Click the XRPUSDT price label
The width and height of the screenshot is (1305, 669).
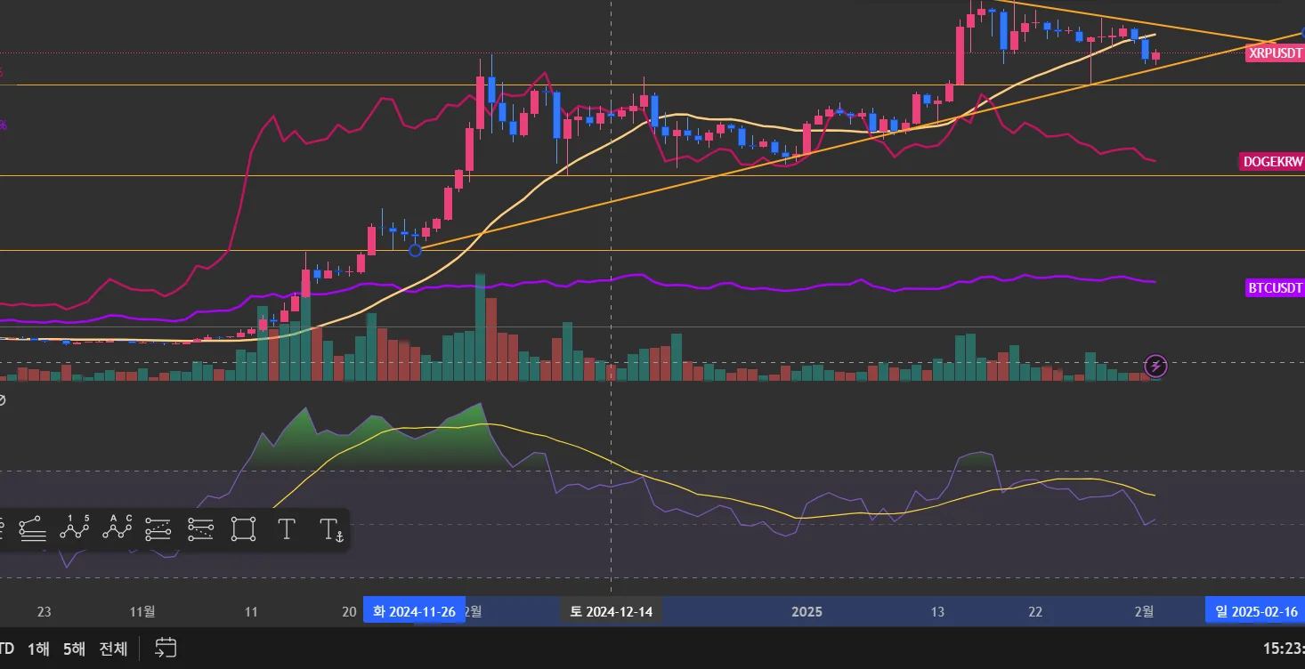click(x=1275, y=53)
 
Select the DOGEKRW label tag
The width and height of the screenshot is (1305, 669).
click(x=1272, y=162)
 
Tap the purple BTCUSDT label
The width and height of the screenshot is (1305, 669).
click(x=1275, y=287)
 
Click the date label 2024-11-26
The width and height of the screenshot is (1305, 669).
click(x=414, y=611)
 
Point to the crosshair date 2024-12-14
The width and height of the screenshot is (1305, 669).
click(x=611, y=611)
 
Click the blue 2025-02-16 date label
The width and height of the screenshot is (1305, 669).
click(x=1255, y=611)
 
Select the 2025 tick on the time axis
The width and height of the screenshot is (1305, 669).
click(x=807, y=611)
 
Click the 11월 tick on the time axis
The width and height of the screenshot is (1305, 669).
click(x=142, y=611)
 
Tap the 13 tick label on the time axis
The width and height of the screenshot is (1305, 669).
click(x=937, y=611)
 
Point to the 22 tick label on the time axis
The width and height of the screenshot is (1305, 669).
click(x=1035, y=611)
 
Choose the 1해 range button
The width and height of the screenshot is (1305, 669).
click(x=38, y=649)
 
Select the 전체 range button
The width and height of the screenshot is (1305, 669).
click(x=113, y=649)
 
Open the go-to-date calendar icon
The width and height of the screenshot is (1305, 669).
click(x=166, y=648)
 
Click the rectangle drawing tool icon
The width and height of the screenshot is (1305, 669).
click(x=244, y=529)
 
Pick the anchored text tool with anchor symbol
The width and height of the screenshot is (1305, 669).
click(x=330, y=530)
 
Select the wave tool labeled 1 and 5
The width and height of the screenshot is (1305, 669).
click(x=75, y=528)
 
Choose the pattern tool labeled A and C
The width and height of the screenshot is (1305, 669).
click(x=118, y=528)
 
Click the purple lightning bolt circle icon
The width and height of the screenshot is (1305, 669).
click(x=1155, y=366)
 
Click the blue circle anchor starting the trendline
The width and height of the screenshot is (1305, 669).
click(x=415, y=250)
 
